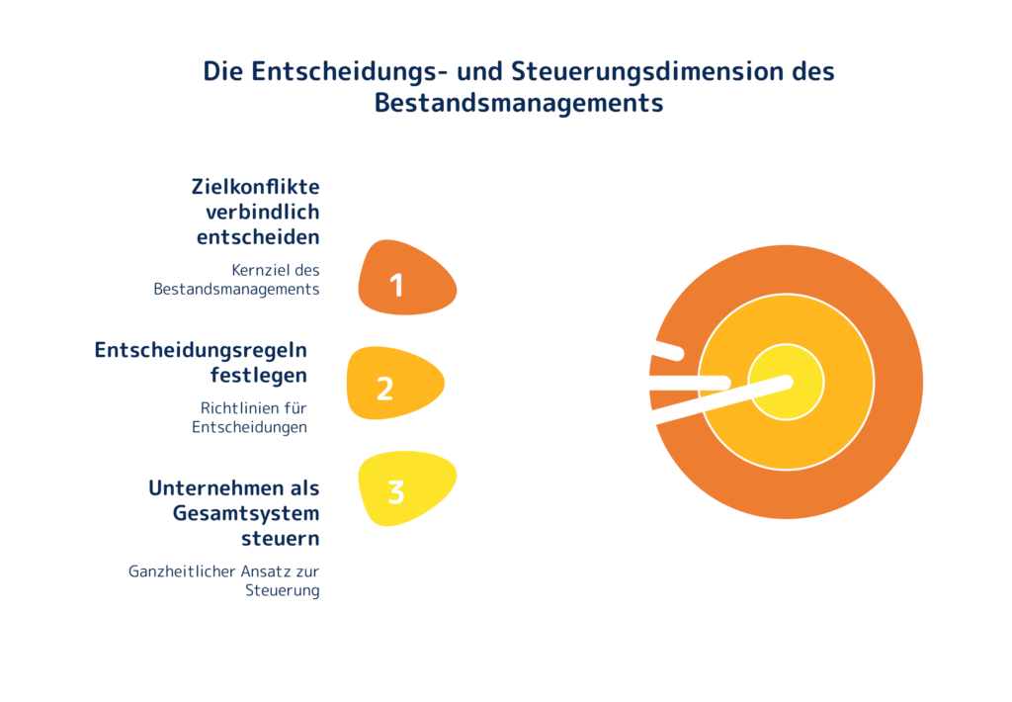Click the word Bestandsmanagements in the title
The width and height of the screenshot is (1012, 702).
tap(518, 103)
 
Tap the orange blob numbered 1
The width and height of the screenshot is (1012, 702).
tap(405, 280)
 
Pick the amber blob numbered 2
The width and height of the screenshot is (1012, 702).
tap(394, 383)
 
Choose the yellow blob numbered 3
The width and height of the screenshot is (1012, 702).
tap(405, 489)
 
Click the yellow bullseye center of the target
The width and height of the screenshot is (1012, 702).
tap(787, 382)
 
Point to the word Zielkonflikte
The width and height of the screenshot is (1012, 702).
tap(255, 187)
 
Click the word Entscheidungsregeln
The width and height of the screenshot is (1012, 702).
tap(201, 350)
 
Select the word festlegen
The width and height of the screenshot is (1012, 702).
tap(258, 376)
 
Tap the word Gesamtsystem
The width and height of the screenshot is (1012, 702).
tap(246, 513)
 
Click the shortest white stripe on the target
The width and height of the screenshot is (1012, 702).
tap(666, 350)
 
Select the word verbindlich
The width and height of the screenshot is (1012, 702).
tap(262, 212)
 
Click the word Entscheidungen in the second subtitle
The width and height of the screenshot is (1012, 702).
tap(249, 427)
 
